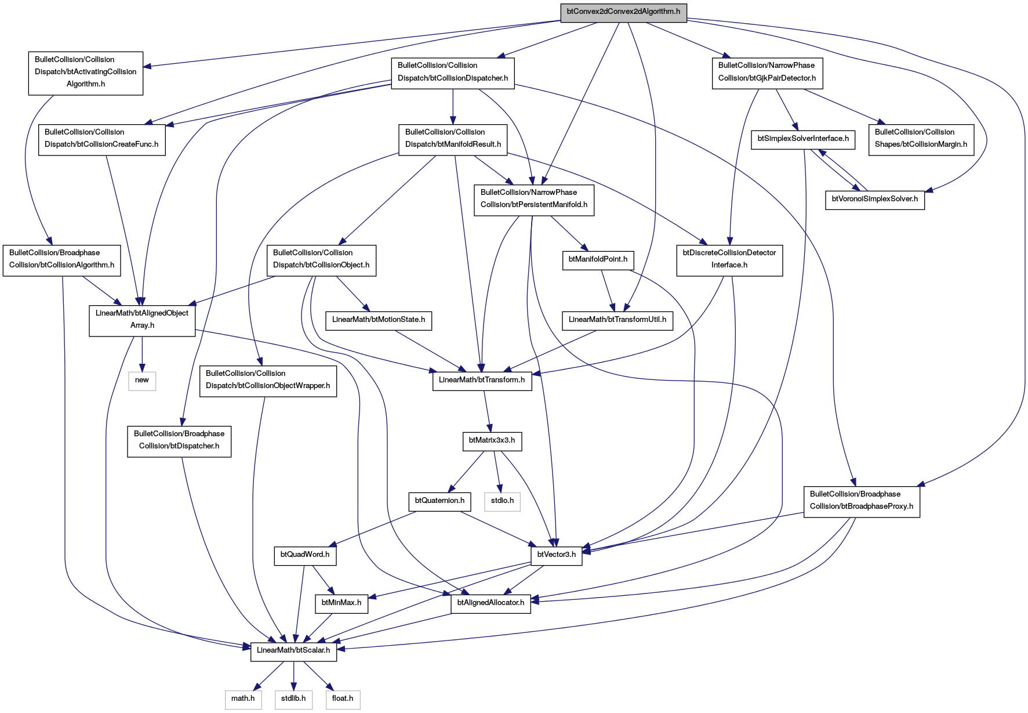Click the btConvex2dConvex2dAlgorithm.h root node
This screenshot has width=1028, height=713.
[623, 12]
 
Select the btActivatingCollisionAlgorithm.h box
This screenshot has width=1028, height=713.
[86, 73]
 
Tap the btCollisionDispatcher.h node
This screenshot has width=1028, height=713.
[453, 74]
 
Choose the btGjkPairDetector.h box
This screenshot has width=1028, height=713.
[767, 74]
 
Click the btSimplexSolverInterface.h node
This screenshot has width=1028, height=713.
[803, 140]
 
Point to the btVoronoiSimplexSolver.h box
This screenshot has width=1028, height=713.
[875, 200]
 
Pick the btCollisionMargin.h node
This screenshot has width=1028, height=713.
[921, 140]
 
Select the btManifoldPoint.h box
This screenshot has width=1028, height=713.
[598, 260]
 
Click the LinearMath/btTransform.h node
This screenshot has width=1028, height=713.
[482, 381]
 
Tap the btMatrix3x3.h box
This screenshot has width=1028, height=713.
[492, 441]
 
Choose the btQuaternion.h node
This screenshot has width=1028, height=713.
[439, 502]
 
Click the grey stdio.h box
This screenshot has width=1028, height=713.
[502, 502]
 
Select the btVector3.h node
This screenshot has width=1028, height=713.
[557, 556]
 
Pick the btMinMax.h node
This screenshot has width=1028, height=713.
[342, 604]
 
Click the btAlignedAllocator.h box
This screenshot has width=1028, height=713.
[491, 604]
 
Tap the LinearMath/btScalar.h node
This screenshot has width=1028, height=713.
[293, 652]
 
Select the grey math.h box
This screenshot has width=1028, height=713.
[243, 700]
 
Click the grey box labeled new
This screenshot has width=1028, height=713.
[142, 381]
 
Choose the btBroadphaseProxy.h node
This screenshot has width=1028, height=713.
[862, 502]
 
